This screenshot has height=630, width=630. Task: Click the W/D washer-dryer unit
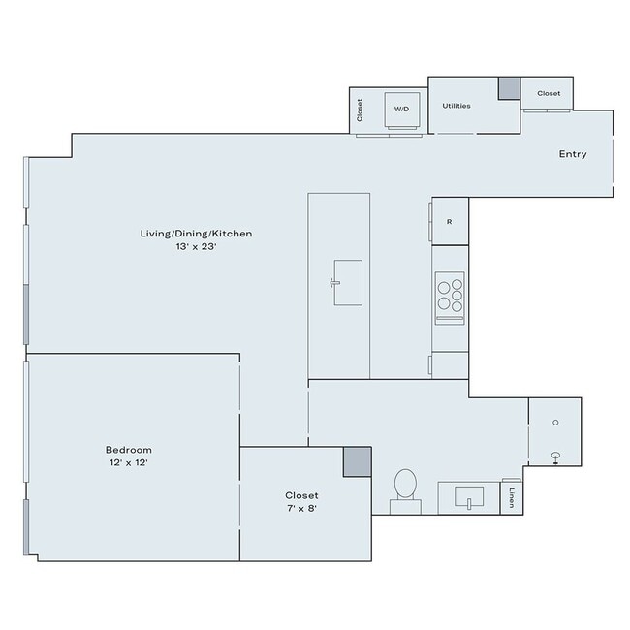click(x=399, y=110)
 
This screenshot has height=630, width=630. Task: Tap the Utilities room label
click(x=457, y=106)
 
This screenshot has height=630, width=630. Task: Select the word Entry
click(x=572, y=154)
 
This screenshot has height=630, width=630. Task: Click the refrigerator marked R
click(x=449, y=222)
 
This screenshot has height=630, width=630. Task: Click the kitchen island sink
click(x=347, y=282)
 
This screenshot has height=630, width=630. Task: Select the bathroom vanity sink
click(x=468, y=497)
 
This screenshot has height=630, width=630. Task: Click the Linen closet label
click(x=511, y=498)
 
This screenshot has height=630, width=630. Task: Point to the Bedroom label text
click(x=128, y=450)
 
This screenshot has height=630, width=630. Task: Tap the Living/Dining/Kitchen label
click(x=196, y=234)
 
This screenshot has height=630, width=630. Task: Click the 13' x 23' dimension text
click(x=196, y=247)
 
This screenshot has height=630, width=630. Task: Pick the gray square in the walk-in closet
click(x=357, y=461)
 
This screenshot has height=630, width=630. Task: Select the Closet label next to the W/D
click(x=360, y=110)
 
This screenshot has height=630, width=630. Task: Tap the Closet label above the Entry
click(x=549, y=93)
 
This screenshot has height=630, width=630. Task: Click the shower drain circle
click(x=555, y=422)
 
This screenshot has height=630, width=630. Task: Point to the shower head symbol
click(x=556, y=457)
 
